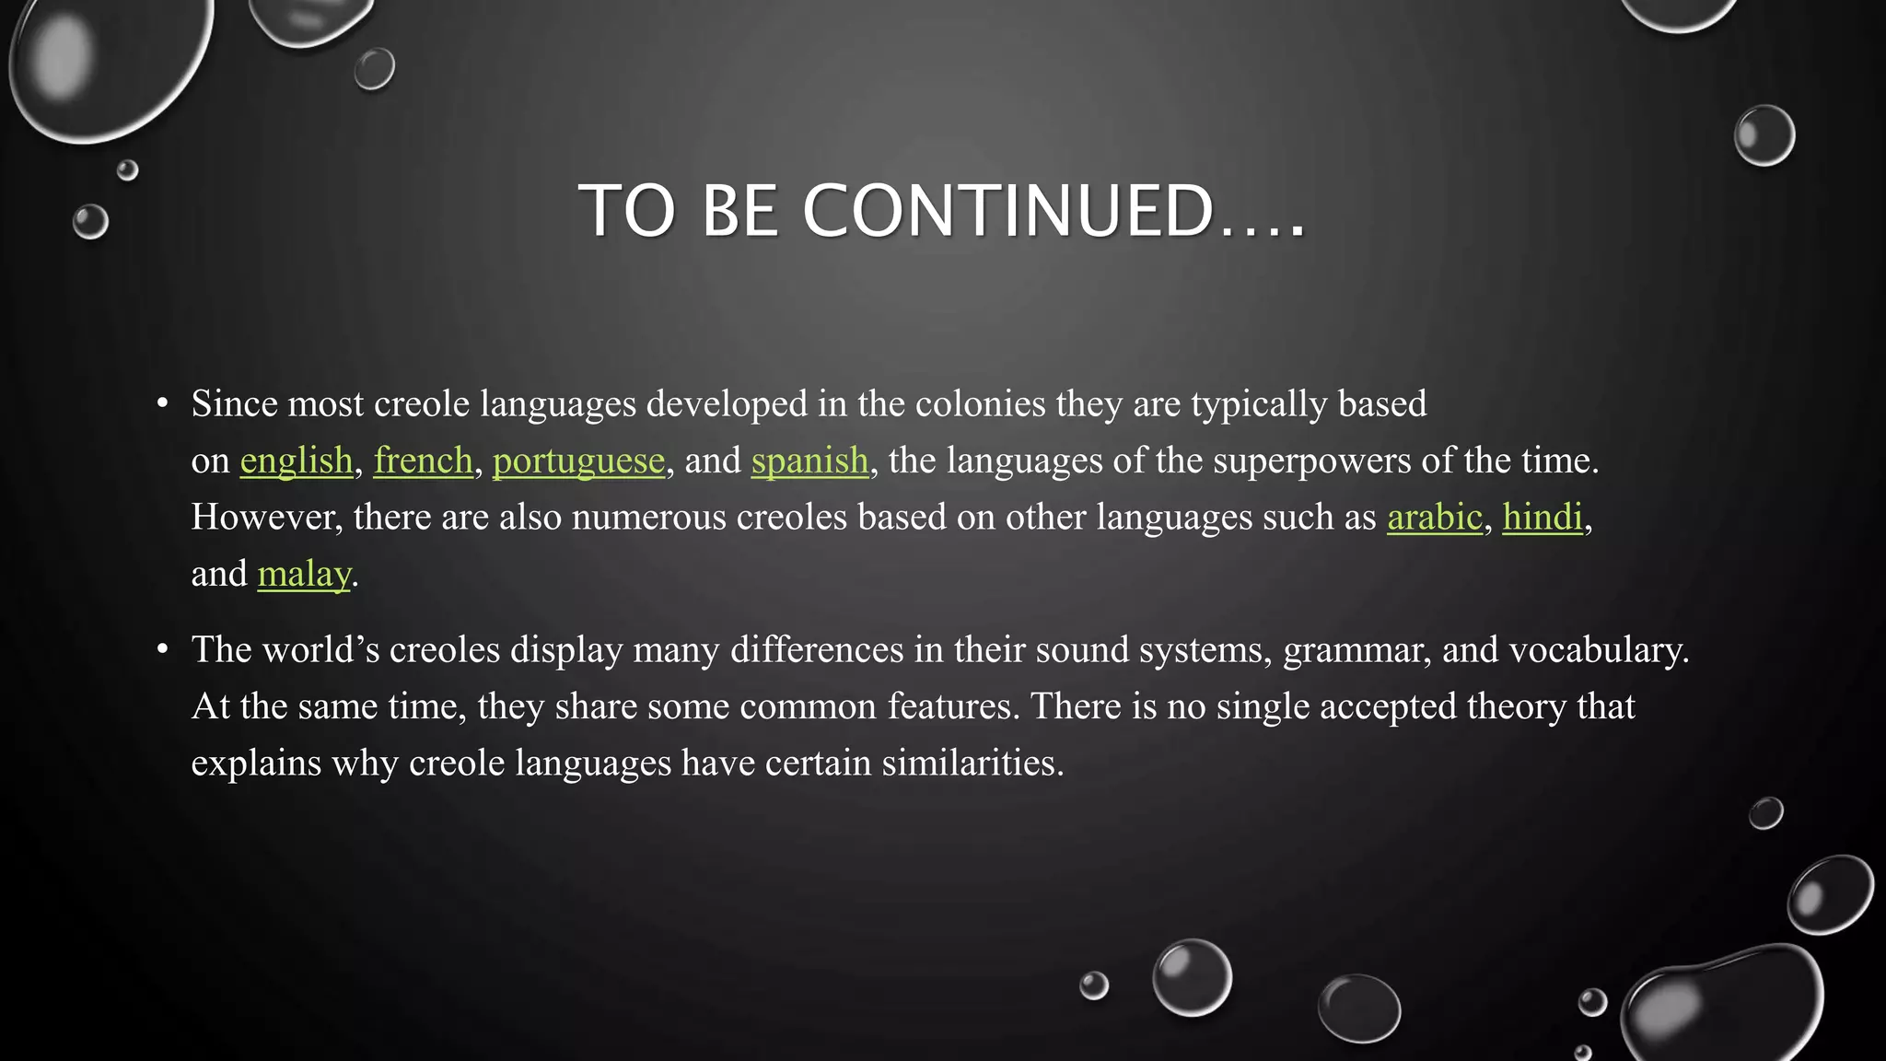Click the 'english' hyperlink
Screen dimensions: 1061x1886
click(297, 461)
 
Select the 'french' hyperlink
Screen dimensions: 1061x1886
click(423, 461)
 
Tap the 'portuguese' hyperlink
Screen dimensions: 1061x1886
click(578, 461)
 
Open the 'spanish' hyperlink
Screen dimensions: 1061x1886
click(809, 461)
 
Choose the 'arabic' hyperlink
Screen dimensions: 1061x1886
click(1435, 517)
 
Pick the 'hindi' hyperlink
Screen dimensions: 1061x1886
click(1543, 517)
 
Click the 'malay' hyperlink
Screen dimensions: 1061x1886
click(304, 574)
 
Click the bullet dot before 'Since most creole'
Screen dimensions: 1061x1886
click(163, 403)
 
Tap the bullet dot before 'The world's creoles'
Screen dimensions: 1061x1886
click(163, 649)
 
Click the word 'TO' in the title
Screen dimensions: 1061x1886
click(627, 211)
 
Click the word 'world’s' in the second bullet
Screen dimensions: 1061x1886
click(320, 650)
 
